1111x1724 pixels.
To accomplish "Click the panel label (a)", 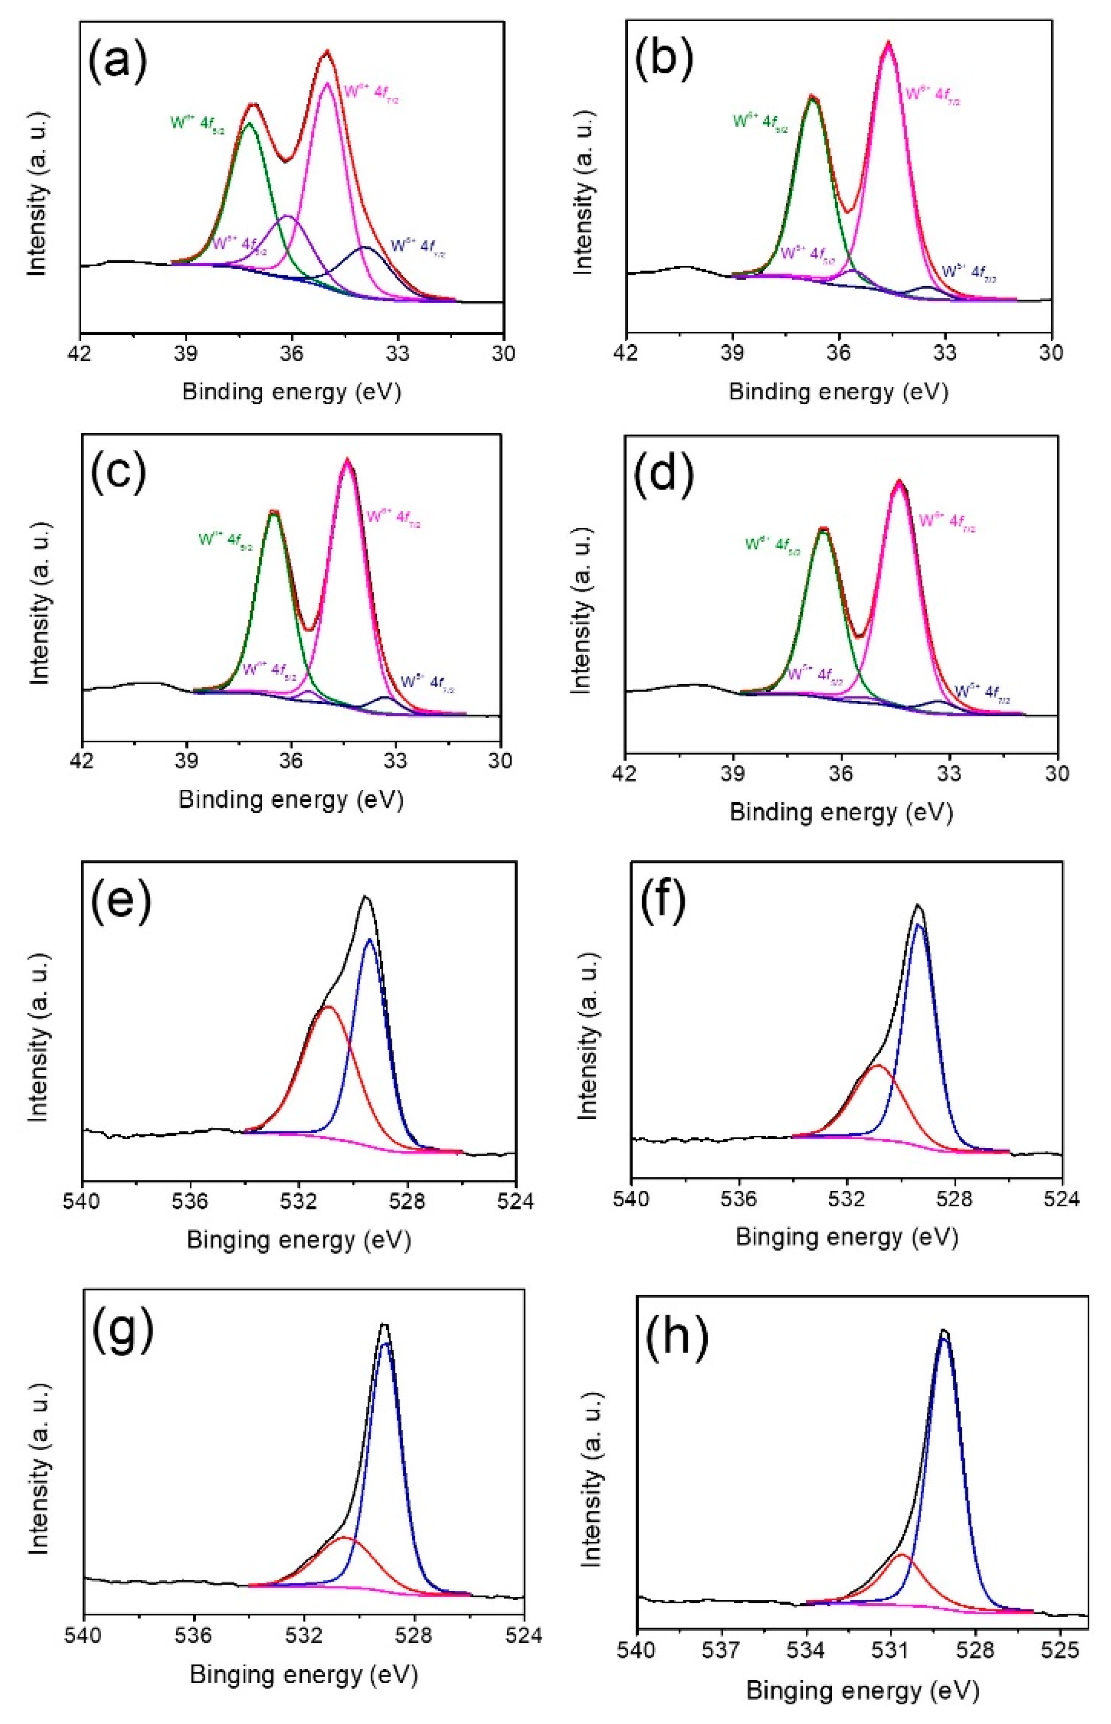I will point(118,63).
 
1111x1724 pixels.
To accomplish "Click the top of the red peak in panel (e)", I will point(328,1007).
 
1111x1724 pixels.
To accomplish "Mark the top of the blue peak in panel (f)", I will point(918,924).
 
